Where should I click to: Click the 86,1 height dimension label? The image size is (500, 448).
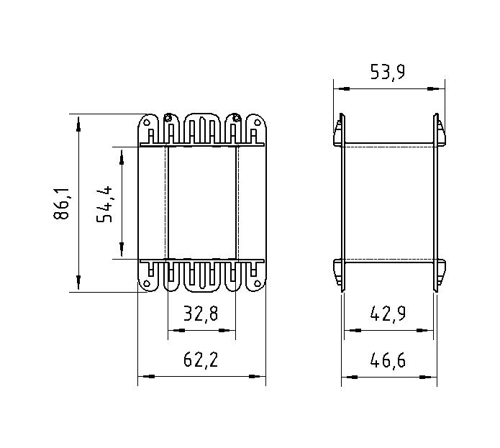click(61, 204)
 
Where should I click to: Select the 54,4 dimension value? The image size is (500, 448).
click(104, 204)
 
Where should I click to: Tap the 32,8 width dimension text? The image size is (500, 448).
click(201, 314)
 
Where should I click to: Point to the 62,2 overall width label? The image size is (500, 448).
click(201, 360)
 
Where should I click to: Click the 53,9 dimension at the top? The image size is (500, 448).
click(388, 72)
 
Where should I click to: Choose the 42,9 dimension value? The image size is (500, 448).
click(388, 314)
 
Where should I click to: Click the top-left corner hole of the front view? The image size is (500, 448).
click(147, 122)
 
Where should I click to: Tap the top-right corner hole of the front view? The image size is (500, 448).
click(257, 122)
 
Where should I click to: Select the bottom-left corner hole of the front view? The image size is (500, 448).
click(147, 283)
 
